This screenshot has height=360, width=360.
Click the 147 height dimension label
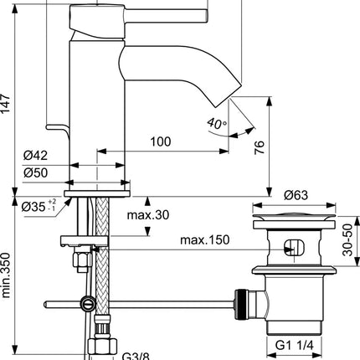click(x=5, y=103)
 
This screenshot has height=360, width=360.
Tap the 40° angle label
click(x=217, y=123)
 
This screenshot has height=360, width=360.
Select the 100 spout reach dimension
click(x=161, y=141)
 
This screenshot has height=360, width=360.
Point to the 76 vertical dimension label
click(x=259, y=147)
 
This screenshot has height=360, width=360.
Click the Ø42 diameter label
click(x=35, y=155)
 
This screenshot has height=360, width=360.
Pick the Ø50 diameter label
click(x=35, y=172)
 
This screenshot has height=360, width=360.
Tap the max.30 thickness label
click(x=148, y=215)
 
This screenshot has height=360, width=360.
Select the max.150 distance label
click(x=204, y=239)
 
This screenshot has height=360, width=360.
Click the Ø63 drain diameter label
click(x=296, y=195)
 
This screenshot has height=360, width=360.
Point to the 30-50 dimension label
click(x=347, y=240)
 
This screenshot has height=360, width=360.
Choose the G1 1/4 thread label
click(x=294, y=346)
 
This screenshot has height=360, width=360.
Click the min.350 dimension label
click(x=5, y=275)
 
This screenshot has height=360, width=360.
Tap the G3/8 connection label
click(x=136, y=356)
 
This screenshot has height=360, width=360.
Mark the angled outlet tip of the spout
click(x=229, y=96)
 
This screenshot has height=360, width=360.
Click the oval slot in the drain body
click(x=294, y=247)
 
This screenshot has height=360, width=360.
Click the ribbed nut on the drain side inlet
click(x=240, y=304)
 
